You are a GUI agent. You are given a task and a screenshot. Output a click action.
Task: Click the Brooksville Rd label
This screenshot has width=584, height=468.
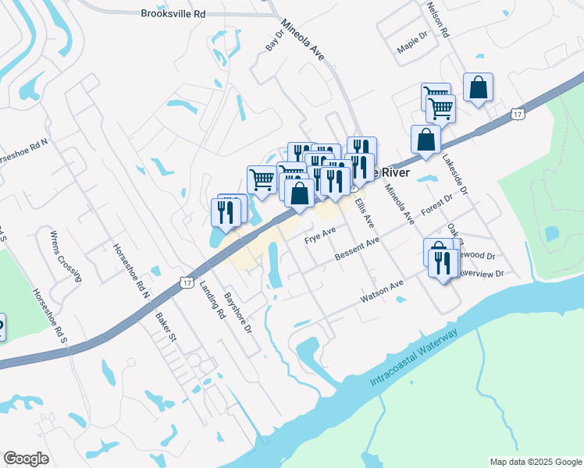pos(173,13)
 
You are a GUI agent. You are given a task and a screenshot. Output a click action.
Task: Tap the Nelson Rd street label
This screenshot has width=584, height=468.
pos(438,19)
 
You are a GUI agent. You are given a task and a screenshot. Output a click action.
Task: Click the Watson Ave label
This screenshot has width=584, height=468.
pos(381,292)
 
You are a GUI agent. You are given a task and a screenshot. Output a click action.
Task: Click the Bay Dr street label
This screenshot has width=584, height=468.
pos(272,41)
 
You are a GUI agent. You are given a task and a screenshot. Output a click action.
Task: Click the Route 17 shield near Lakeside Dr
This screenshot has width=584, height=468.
pos(518,114)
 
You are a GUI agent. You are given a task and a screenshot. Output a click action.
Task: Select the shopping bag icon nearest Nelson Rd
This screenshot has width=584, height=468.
pos(478,87)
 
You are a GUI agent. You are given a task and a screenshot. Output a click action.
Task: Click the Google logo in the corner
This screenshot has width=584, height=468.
pos(26,458)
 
